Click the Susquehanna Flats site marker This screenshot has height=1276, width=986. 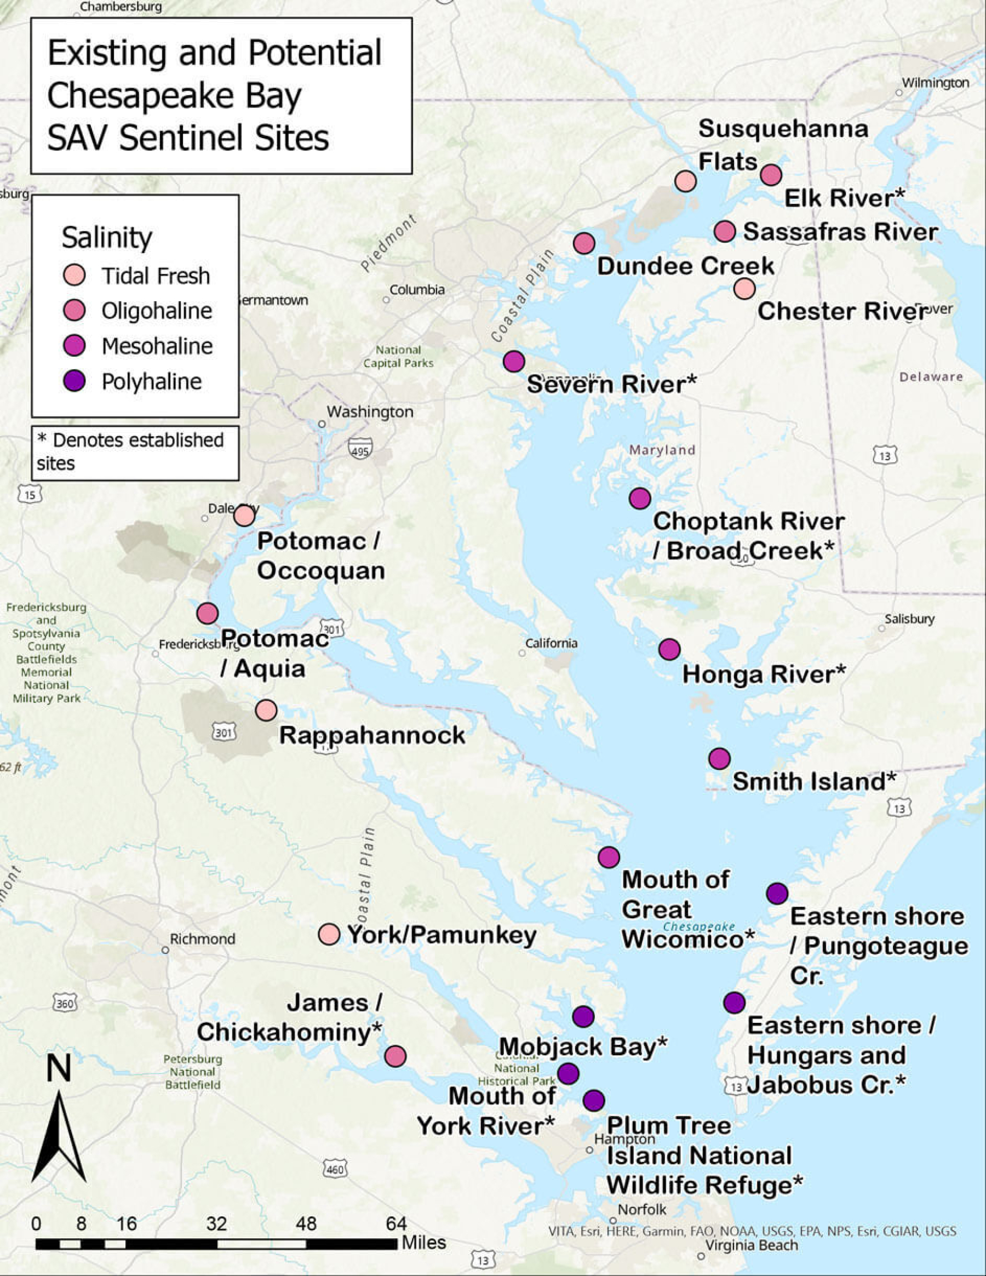pyautogui.click(x=685, y=181)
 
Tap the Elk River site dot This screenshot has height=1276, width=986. pyautogui.click(x=771, y=174)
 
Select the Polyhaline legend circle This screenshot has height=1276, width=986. pyautogui.click(x=74, y=381)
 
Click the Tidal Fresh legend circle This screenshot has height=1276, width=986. pyautogui.click(x=74, y=274)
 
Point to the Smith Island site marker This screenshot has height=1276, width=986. pyautogui.click(x=719, y=758)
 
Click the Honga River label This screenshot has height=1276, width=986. pyautogui.click(x=764, y=674)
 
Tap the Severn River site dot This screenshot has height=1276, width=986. pyautogui.click(x=513, y=361)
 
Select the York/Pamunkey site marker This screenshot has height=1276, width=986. pyautogui.click(x=329, y=934)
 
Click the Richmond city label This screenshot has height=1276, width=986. pyautogui.click(x=202, y=939)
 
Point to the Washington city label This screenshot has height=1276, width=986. pyautogui.click(x=370, y=411)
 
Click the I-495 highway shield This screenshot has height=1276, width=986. pyautogui.click(x=360, y=449)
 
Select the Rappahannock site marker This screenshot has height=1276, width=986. pyautogui.click(x=266, y=711)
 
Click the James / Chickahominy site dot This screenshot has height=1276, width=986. pyautogui.click(x=395, y=1056)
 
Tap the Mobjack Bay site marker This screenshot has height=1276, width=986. pyautogui.click(x=583, y=1017)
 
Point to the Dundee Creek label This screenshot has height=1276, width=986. pyautogui.click(x=685, y=266)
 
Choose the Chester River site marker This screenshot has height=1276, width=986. pyautogui.click(x=744, y=288)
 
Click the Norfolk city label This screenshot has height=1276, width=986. pyautogui.click(x=641, y=1209)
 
